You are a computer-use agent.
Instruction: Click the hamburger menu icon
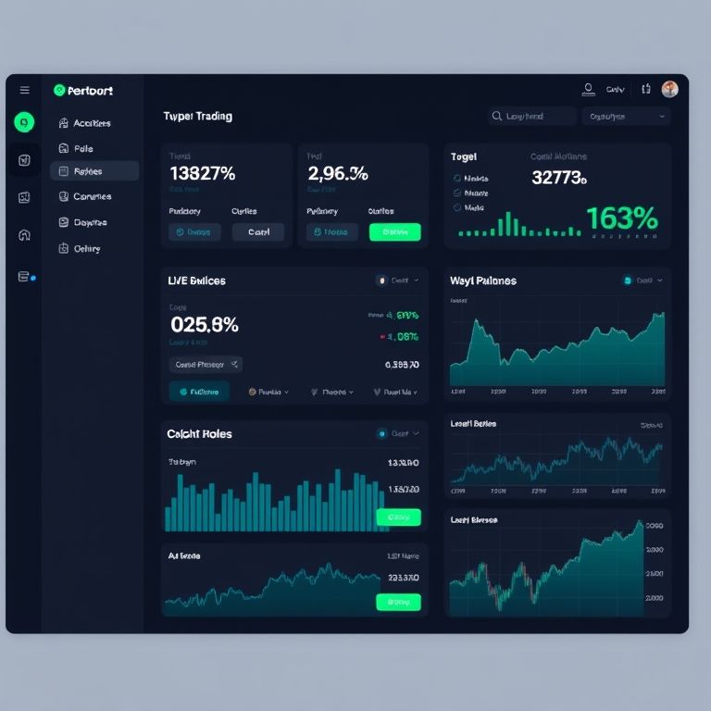[25, 90]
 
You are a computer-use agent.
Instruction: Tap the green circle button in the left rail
[25, 121]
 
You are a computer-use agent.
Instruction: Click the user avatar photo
[670, 89]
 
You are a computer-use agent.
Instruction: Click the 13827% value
[203, 173]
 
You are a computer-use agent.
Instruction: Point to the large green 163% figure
[621, 218]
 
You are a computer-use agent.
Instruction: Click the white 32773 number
[559, 178]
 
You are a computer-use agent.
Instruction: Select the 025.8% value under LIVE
[205, 325]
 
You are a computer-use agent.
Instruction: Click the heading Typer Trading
[197, 117]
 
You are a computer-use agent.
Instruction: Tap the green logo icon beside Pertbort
[60, 91]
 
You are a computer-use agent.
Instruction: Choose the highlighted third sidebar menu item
[94, 171]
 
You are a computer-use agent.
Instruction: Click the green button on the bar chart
[398, 517]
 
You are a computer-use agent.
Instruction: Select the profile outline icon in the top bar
[588, 90]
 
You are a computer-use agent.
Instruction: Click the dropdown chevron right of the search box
[662, 117]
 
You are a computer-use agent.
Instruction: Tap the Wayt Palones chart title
[483, 281]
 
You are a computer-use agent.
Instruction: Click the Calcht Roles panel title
[199, 433]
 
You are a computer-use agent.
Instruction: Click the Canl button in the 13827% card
[258, 232]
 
